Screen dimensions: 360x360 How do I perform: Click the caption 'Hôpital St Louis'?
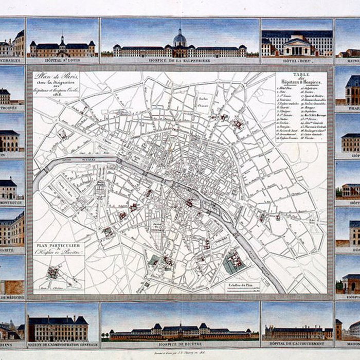tap(62, 60)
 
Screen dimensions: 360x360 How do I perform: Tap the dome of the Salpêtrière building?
tap(179, 37)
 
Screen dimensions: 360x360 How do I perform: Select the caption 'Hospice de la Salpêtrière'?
tap(179, 60)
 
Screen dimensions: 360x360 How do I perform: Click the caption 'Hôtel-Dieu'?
tap(297, 60)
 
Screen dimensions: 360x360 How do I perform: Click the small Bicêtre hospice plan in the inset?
tap(53, 272)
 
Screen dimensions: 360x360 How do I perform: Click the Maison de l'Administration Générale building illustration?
tap(58, 328)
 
